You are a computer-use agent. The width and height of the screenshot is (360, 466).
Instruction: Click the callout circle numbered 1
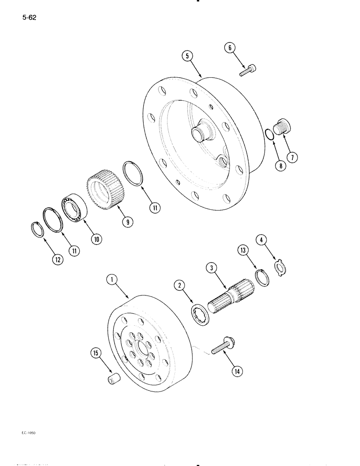pos(111,280)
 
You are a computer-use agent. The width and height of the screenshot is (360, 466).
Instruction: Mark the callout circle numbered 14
pos(238,371)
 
